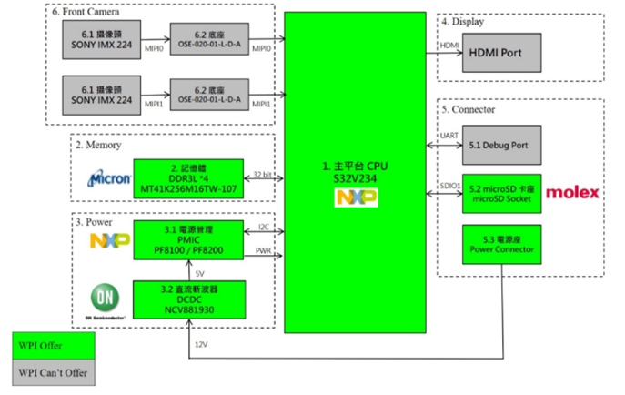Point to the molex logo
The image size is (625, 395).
(x=571, y=192)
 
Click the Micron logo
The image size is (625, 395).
(x=108, y=177)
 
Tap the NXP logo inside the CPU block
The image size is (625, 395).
(x=354, y=196)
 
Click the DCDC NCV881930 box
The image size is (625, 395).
(x=188, y=298)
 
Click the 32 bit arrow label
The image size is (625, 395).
(x=263, y=172)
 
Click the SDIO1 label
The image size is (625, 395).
(x=449, y=185)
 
